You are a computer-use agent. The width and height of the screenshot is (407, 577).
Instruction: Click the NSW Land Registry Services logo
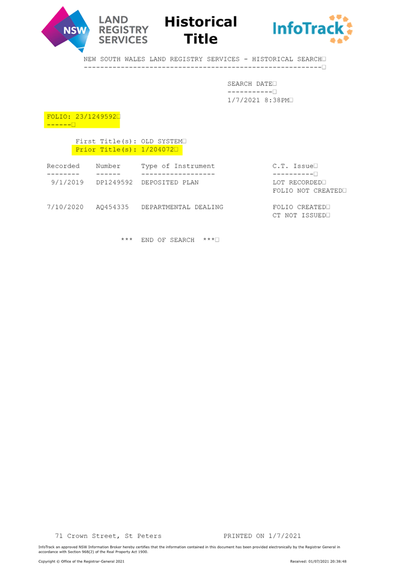[95, 30]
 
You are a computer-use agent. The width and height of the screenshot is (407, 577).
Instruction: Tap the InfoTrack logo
[313, 29]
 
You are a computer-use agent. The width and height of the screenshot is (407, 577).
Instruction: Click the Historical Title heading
[201, 30]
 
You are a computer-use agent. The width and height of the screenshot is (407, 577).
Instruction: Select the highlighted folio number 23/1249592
[96, 117]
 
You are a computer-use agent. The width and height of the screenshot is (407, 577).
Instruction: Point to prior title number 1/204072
[158, 150]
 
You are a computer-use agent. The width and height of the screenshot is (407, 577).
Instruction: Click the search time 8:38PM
[276, 100]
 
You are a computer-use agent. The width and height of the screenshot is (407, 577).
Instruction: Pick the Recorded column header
[63, 166]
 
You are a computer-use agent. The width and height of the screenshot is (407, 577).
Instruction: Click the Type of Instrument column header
[178, 166]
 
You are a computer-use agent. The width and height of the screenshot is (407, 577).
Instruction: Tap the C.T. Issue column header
[293, 166]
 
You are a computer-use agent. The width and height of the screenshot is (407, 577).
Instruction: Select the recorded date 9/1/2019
[67, 182]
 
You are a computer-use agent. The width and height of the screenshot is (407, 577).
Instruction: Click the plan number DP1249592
[114, 182]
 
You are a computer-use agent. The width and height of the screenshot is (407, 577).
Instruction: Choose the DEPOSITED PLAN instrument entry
[170, 182]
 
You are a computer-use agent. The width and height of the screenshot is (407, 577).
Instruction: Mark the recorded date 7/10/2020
[65, 207]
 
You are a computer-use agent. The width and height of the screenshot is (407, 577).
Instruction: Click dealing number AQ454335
[113, 207]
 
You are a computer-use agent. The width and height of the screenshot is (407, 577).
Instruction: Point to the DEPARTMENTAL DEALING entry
[182, 207]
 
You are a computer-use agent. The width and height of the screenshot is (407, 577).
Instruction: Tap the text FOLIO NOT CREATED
[307, 191]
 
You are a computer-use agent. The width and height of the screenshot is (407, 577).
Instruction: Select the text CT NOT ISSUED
[299, 215]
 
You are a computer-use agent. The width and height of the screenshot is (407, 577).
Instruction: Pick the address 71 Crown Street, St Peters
[108, 536]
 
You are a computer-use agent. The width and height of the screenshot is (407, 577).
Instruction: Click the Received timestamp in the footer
[318, 561]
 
